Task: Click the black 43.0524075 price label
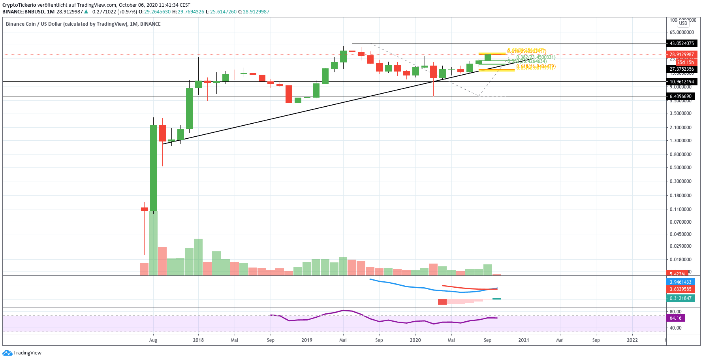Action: (x=681, y=43)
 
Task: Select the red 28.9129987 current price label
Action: (x=681, y=55)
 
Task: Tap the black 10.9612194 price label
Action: (x=681, y=82)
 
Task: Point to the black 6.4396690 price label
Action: (x=680, y=96)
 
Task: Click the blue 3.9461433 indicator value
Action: (x=680, y=282)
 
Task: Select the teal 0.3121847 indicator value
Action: (x=680, y=298)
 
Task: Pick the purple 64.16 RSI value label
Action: (x=676, y=318)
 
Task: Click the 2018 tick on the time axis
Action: (x=198, y=340)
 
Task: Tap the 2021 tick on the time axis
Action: (x=524, y=340)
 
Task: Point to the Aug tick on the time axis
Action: (x=153, y=340)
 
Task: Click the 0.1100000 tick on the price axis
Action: (x=680, y=209)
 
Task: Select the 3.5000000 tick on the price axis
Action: (x=680, y=113)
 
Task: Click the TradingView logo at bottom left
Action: (x=22, y=353)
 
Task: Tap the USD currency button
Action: (x=683, y=23)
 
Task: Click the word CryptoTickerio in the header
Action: (x=19, y=5)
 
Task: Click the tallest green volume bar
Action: (x=153, y=243)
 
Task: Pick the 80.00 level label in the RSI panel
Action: (x=676, y=312)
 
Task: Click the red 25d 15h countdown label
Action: (x=685, y=62)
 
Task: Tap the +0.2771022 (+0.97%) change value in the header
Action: (x=113, y=12)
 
